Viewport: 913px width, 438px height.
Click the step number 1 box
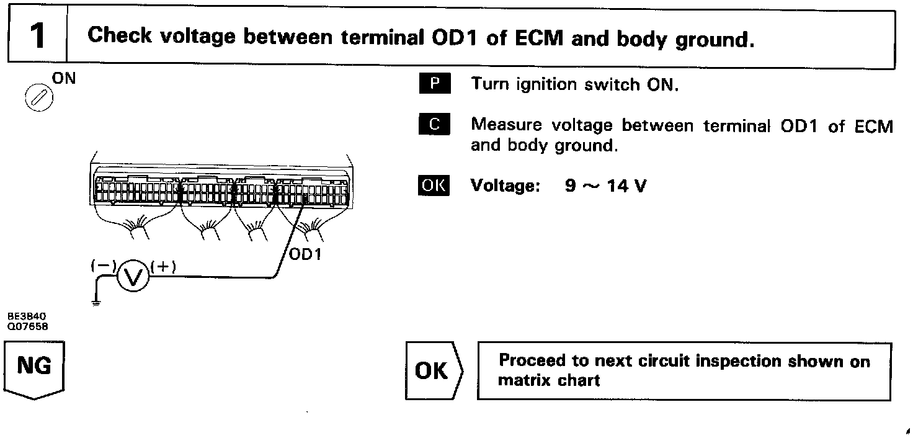tap(37, 36)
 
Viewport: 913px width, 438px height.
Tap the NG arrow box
tap(35, 369)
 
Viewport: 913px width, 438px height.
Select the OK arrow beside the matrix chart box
tap(434, 370)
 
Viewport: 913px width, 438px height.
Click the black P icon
tap(435, 84)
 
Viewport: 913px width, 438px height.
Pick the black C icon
tap(435, 125)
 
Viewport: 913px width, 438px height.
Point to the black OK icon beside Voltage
tap(434, 185)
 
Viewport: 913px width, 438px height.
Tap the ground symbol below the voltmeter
tap(95, 303)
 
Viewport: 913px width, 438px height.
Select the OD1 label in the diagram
tap(306, 254)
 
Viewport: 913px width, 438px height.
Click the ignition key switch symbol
tap(34, 97)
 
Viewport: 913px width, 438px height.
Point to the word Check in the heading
tap(120, 36)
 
